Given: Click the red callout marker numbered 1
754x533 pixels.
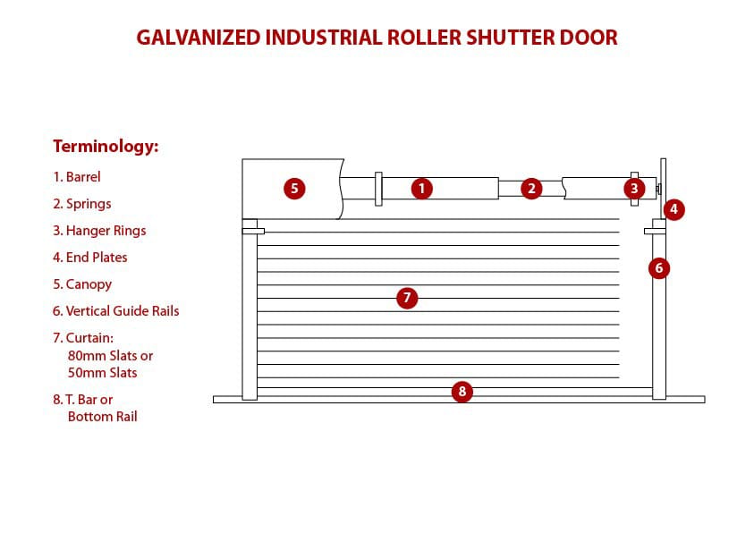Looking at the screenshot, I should (422, 189).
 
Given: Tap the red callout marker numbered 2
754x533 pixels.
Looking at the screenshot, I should (531, 189).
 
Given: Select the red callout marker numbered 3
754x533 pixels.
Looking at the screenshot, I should (634, 189).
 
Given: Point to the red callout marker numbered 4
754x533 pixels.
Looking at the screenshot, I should (674, 210).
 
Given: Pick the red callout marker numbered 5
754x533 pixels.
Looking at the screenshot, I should (293, 189).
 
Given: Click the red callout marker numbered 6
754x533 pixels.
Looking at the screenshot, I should (659, 267).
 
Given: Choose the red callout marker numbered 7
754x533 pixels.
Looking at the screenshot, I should (407, 298).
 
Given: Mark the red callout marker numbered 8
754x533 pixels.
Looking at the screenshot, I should (462, 391).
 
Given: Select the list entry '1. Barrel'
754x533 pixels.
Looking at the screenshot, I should (77, 177).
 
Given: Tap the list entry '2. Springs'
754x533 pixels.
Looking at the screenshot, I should (82, 204).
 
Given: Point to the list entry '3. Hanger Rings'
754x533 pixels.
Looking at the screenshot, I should (99, 231).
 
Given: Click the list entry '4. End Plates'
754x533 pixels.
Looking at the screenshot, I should (90, 258).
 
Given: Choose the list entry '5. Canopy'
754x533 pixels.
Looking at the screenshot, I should (82, 284).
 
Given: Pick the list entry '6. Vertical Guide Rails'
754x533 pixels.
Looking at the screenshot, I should (116, 311).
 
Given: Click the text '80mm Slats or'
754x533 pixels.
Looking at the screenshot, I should (110, 356).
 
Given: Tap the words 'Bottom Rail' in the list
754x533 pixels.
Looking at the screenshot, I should (102, 417).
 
